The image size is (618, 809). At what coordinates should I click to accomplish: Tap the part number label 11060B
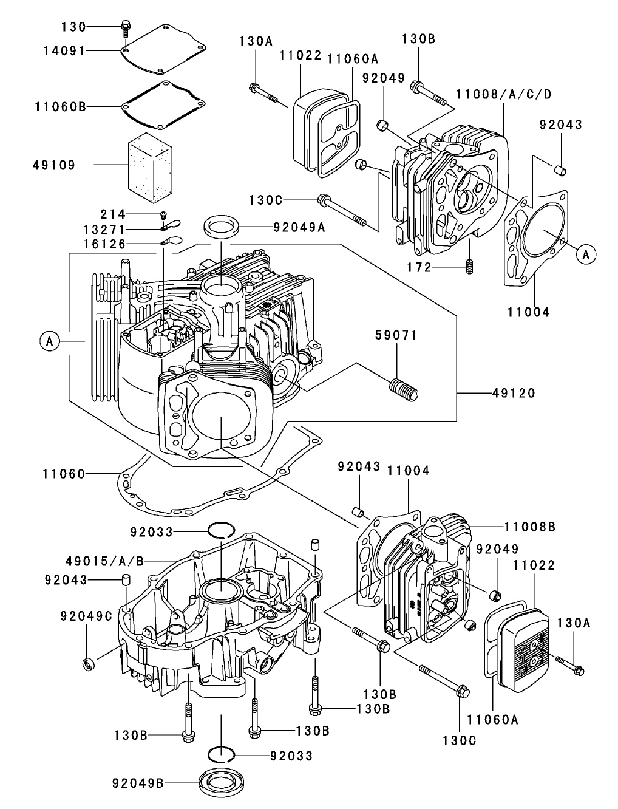[59, 106]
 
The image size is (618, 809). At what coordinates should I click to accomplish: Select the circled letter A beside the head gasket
[586, 254]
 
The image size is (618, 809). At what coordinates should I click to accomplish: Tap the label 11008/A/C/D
[503, 94]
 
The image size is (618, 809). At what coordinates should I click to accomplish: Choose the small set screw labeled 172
[469, 266]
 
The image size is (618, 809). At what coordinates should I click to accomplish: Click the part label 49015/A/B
[104, 561]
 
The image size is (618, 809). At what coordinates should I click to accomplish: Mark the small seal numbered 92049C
[88, 664]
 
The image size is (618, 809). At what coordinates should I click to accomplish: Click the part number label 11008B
[529, 526]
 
